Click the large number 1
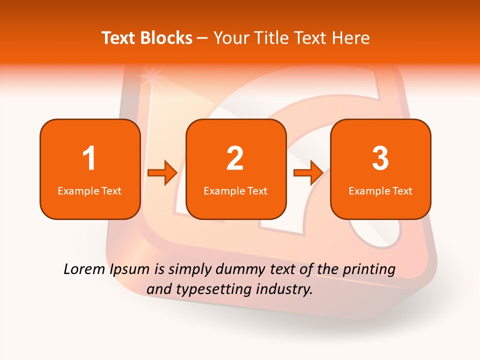[x=89, y=158]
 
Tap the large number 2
[x=235, y=158]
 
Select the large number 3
[x=380, y=158]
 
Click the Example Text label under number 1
[x=89, y=190]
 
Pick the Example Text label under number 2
[x=235, y=190]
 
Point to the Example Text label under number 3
[x=380, y=190]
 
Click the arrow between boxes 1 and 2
[x=162, y=173]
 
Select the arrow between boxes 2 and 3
[x=308, y=173]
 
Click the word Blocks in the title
[x=167, y=38]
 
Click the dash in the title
[x=202, y=38]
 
